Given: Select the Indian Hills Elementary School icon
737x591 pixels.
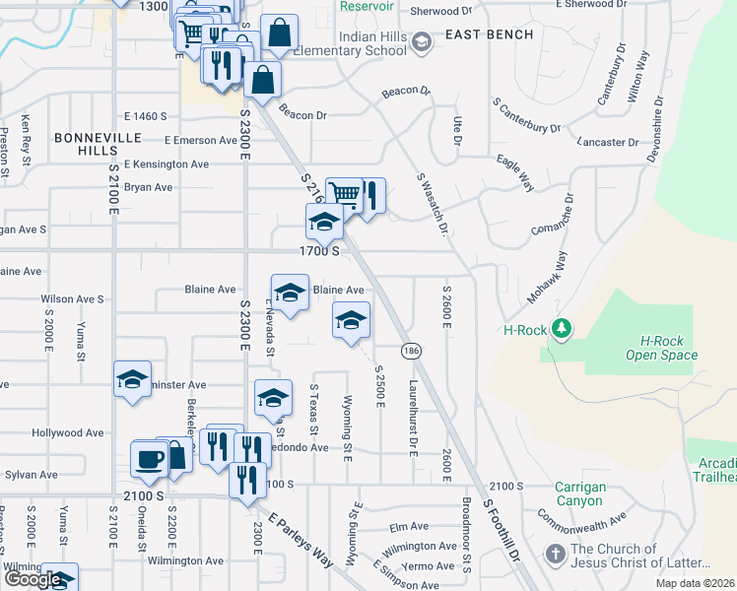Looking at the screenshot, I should coord(422,41).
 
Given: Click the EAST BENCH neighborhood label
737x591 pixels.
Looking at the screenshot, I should coord(489,35).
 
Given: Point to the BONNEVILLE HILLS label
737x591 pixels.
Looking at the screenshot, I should coord(92,143).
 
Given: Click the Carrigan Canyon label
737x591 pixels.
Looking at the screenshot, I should coord(578,493).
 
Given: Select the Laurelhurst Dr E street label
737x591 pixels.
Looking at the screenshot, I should coord(414,417).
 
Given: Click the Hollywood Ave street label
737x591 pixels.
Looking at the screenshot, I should coord(68,432).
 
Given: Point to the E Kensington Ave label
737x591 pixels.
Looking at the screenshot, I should coord(167,164).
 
